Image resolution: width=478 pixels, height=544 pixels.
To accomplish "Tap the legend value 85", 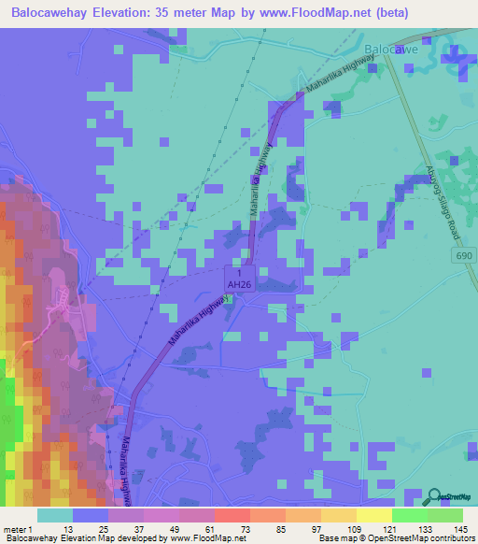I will (250, 530).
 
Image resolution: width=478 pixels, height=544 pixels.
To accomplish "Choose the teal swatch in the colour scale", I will (55, 515).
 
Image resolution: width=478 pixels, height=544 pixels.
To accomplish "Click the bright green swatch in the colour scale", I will (409, 515).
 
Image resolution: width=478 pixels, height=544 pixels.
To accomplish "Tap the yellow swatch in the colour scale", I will (373, 515).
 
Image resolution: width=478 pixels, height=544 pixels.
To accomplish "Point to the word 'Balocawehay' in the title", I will (53, 12).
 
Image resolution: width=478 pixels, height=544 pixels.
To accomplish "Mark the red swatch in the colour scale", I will (232, 515).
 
